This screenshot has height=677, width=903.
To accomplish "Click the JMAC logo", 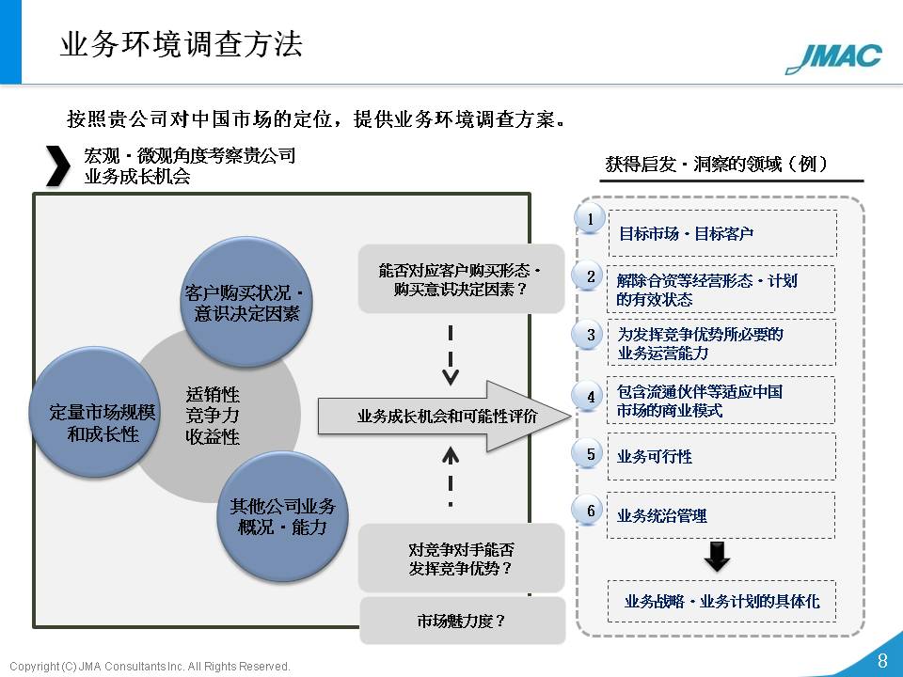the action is pyautogui.click(x=833, y=58).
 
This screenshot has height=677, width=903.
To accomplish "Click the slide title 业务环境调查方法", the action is pyautogui.click(x=182, y=44).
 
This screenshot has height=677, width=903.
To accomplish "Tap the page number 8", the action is pyautogui.click(x=882, y=660).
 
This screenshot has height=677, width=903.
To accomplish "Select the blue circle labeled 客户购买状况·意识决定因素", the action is pyautogui.click(x=247, y=302).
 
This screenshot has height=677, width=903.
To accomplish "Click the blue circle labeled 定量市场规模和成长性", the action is pyautogui.click(x=95, y=412).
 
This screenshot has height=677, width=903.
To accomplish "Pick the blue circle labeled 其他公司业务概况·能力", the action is pyautogui.click(x=282, y=516).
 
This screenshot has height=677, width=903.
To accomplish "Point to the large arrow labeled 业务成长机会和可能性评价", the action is pyautogui.click(x=444, y=416).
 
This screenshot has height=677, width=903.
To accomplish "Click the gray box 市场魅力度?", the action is pyautogui.click(x=462, y=621).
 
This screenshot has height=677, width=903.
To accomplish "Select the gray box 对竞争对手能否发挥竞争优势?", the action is pyautogui.click(x=461, y=558).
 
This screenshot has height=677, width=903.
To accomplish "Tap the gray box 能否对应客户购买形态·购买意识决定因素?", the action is pyautogui.click(x=461, y=278).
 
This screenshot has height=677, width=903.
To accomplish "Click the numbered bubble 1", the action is pyautogui.click(x=590, y=219).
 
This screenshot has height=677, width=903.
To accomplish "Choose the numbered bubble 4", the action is pyautogui.click(x=590, y=396).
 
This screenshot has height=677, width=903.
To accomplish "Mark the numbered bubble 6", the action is pyautogui.click(x=590, y=510).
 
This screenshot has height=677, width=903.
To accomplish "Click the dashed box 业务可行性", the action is pyautogui.click(x=721, y=457).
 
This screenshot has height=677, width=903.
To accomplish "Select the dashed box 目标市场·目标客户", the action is pyautogui.click(x=722, y=233).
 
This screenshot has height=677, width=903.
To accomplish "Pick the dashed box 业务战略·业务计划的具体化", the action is pyautogui.click(x=721, y=601).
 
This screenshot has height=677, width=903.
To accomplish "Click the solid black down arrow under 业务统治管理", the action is pyautogui.click(x=717, y=556).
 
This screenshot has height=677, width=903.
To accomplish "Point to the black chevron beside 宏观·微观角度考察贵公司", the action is pyautogui.click(x=57, y=165).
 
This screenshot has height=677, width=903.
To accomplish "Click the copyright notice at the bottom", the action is pyautogui.click(x=150, y=666).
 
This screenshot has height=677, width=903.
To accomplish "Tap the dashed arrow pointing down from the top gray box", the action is pyautogui.click(x=451, y=355).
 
